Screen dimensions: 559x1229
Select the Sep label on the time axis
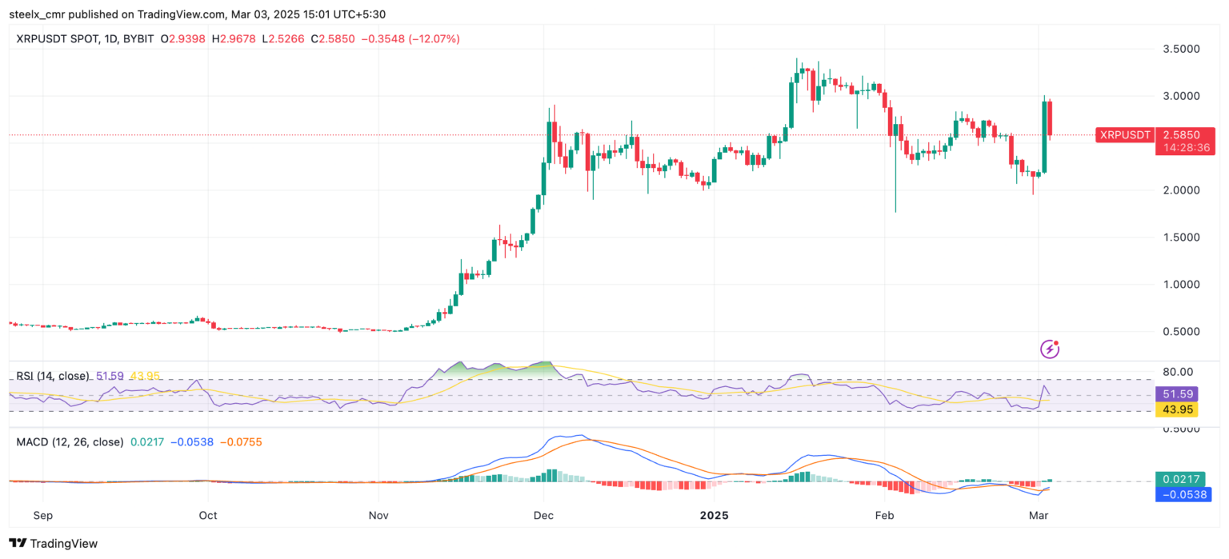[x=42, y=516]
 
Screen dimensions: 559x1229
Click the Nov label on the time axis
[x=378, y=516]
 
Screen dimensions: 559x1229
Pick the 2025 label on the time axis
[x=715, y=516]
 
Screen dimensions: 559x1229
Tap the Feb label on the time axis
[x=883, y=516]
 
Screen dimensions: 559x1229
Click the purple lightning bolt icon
[x=1049, y=349]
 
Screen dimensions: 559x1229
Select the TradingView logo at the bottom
[x=54, y=544]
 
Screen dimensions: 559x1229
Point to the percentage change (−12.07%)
[x=434, y=38]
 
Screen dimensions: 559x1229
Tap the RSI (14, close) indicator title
[x=53, y=376]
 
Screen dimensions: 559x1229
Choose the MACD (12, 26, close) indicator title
[x=70, y=441]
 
